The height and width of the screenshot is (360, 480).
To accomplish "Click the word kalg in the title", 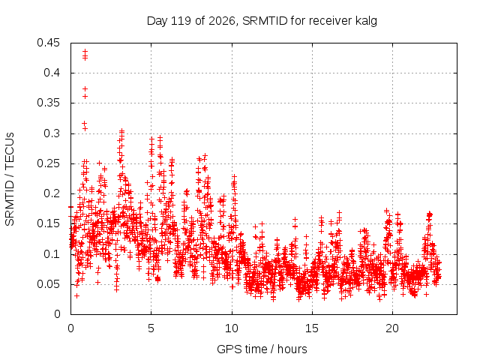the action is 366,21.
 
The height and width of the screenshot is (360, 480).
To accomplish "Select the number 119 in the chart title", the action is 181,21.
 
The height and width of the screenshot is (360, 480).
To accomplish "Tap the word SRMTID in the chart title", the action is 265,21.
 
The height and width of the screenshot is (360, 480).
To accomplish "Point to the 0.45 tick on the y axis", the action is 48,43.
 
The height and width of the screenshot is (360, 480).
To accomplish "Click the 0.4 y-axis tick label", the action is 52,73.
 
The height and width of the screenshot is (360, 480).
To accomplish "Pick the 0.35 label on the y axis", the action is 48,103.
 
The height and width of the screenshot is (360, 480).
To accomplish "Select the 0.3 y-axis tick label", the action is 52,133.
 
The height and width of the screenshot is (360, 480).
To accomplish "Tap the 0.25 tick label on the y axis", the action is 48,163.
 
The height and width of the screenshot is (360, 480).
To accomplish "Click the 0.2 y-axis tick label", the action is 52,193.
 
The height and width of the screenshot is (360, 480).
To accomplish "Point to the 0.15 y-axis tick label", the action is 48,223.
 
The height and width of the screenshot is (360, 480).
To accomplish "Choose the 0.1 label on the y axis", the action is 52,254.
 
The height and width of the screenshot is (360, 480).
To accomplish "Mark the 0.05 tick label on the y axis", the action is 48,284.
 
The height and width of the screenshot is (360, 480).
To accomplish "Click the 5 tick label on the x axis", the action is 151,328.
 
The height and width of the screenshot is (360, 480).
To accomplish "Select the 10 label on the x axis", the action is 232,328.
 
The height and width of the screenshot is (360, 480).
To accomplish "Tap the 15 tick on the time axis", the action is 312,328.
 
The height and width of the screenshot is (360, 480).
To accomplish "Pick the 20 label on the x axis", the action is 392,328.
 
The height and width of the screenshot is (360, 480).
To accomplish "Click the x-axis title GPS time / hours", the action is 262,349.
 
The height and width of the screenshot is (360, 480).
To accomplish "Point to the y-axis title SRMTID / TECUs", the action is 10,179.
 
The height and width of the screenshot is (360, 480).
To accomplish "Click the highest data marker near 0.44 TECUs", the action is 85,52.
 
